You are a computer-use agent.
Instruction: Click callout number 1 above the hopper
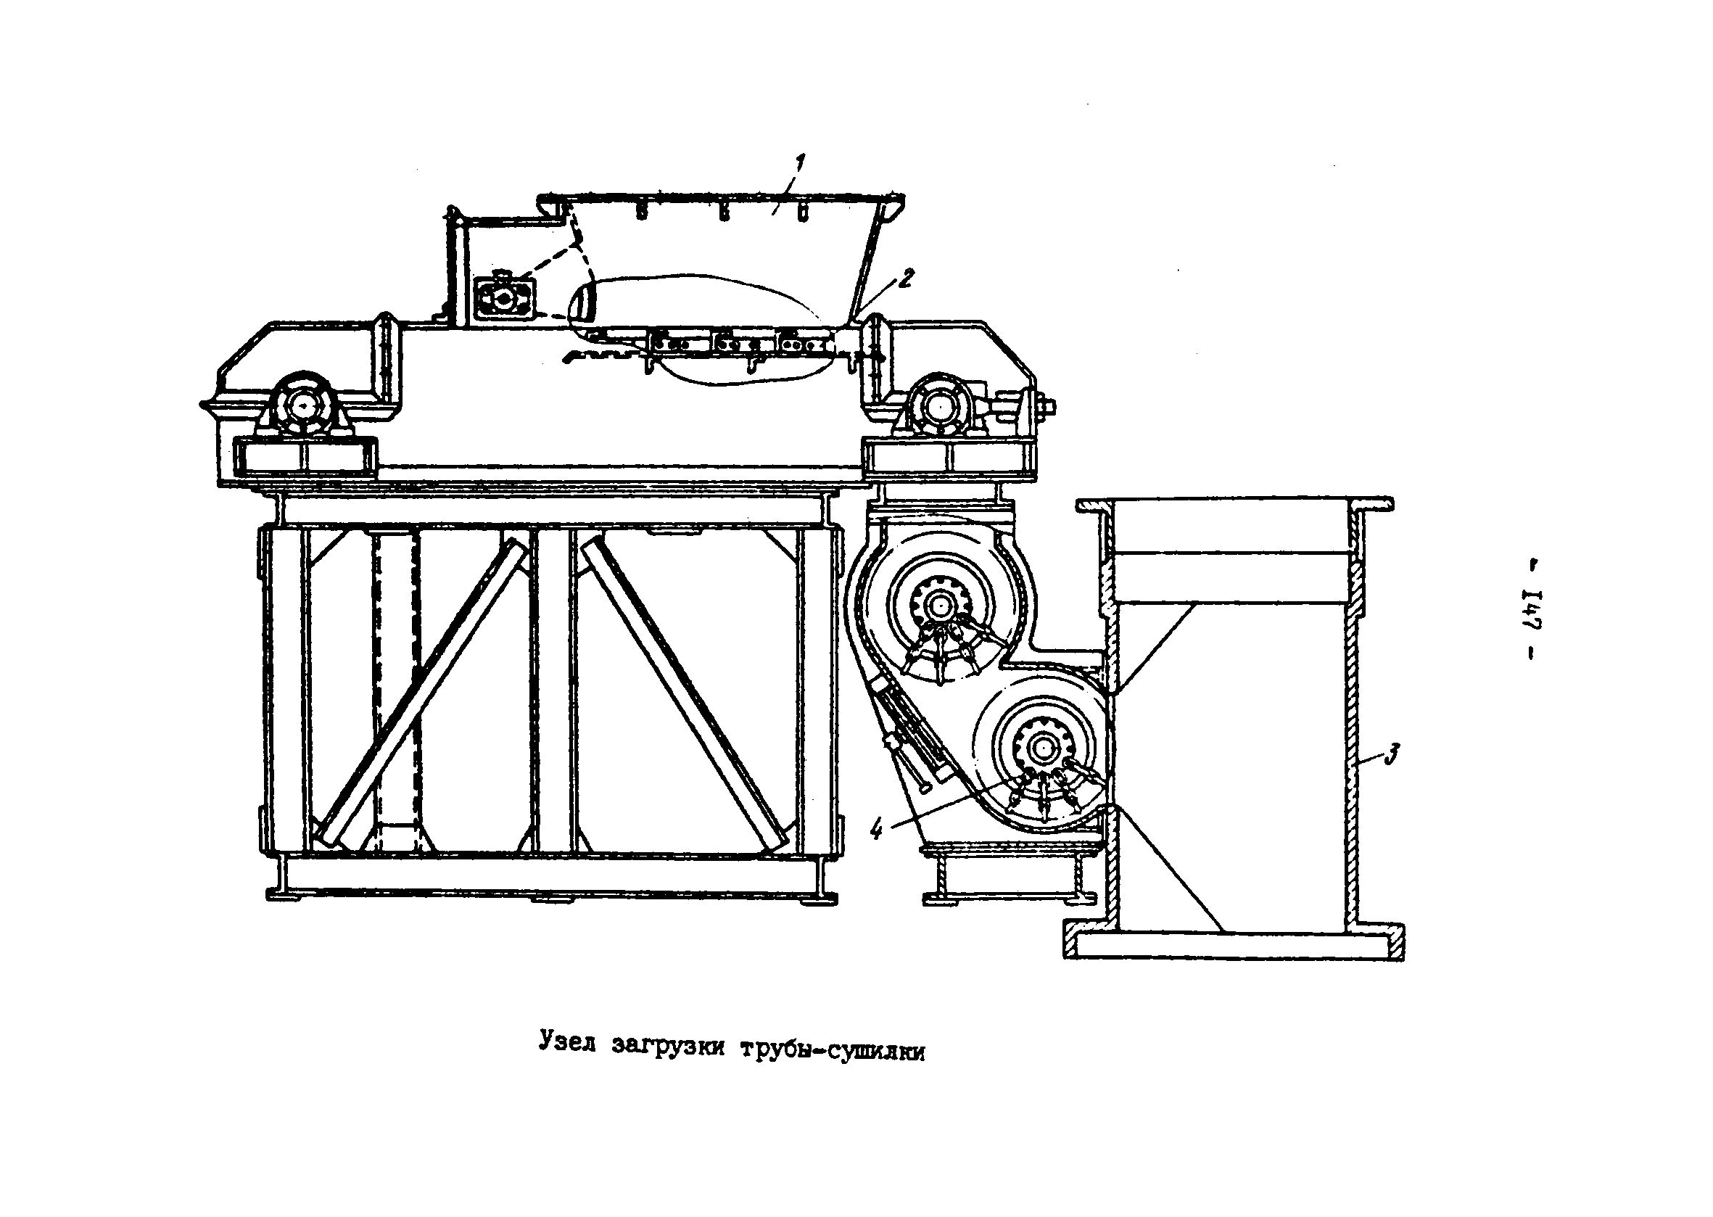tap(801, 162)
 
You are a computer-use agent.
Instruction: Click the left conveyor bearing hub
tap(302, 405)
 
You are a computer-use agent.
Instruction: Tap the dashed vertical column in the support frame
tap(395, 690)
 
